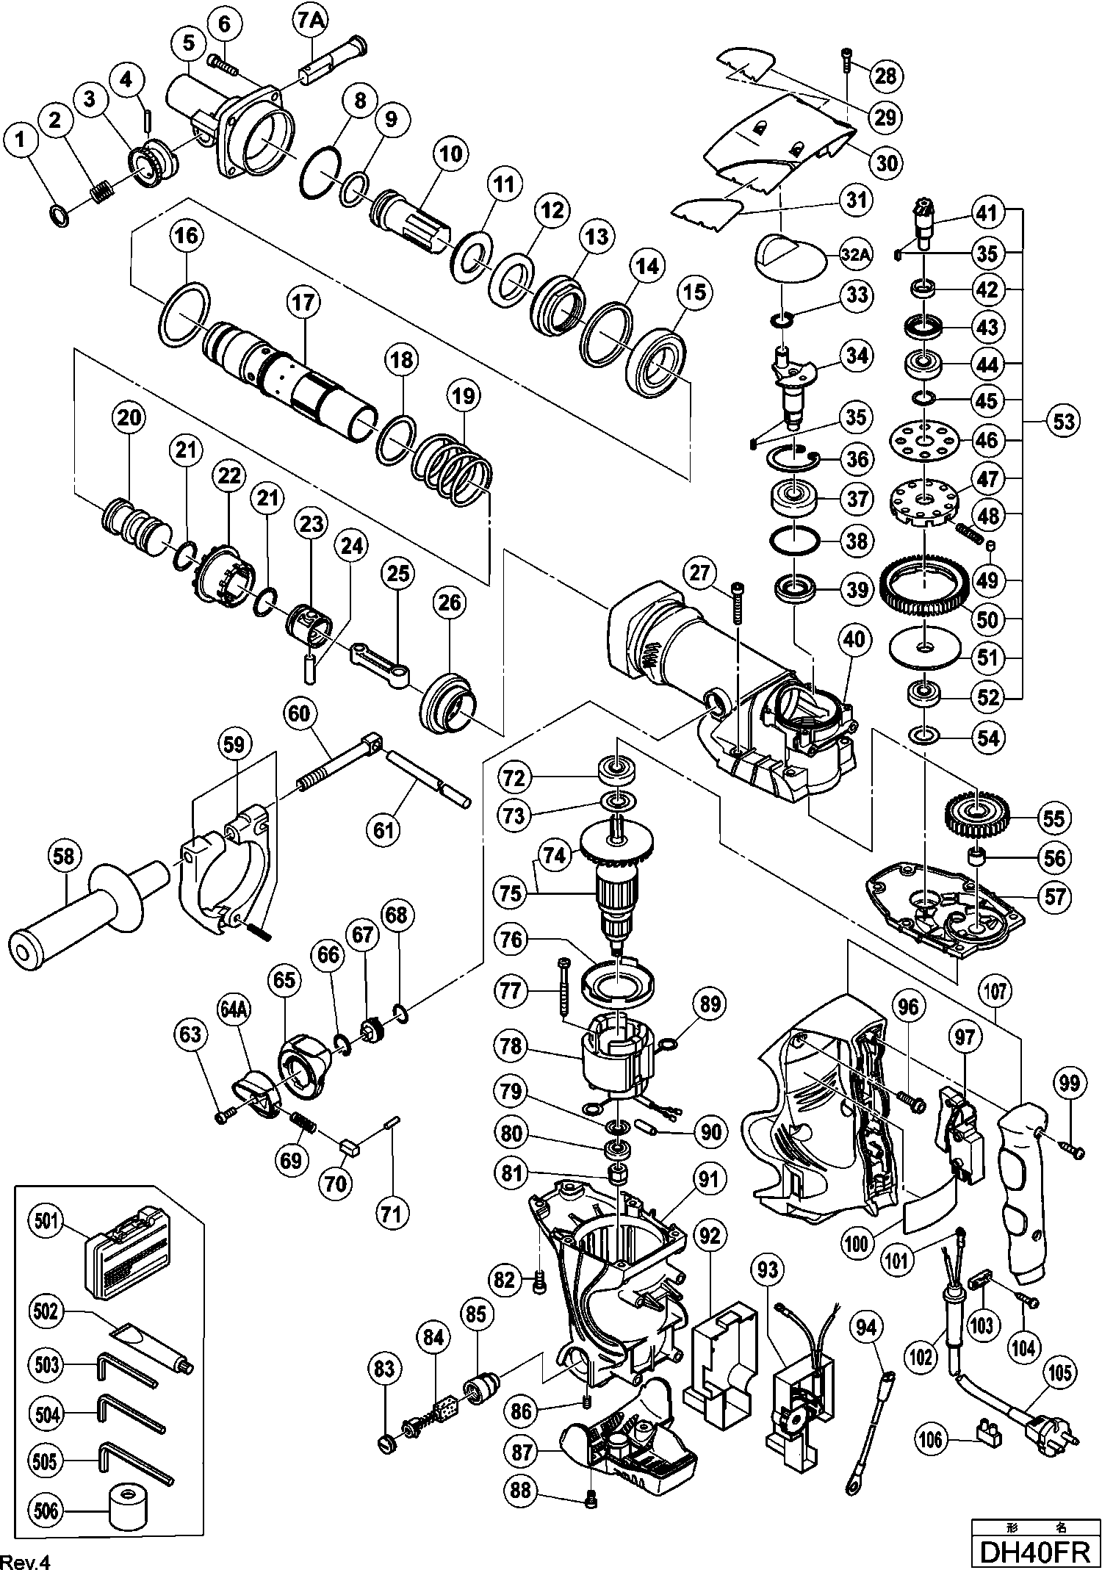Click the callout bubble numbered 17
click(x=305, y=303)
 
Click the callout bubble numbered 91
click(x=707, y=1181)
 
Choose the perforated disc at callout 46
click(x=923, y=441)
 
